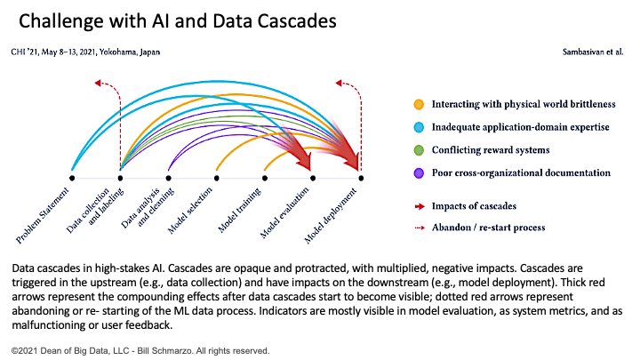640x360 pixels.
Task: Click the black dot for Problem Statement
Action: [x=72, y=178]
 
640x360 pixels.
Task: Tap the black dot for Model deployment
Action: [x=361, y=178]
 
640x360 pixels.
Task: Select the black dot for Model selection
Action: [x=216, y=178]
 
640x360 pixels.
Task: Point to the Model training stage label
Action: [x=239, y=210]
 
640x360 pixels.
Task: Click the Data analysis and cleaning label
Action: [x=148, y=207]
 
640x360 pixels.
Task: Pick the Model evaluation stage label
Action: [x=284, y=212]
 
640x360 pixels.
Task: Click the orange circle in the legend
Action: [x=419, y=105]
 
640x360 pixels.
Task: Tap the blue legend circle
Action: [x=419, y=127]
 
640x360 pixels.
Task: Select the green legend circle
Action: [x=419, y=150]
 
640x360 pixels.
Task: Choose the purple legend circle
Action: [x=419, y=173]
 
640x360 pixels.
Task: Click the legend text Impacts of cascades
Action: [x=474, y=206]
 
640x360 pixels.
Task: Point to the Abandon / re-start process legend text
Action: [x=489, y=228]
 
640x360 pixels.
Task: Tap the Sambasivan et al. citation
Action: [x=593, y=52]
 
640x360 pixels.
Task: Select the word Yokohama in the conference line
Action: [x=117, y=52]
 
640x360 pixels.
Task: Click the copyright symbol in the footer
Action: [x=15, y=351]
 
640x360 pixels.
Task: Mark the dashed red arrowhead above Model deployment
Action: [x=339, y=83]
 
